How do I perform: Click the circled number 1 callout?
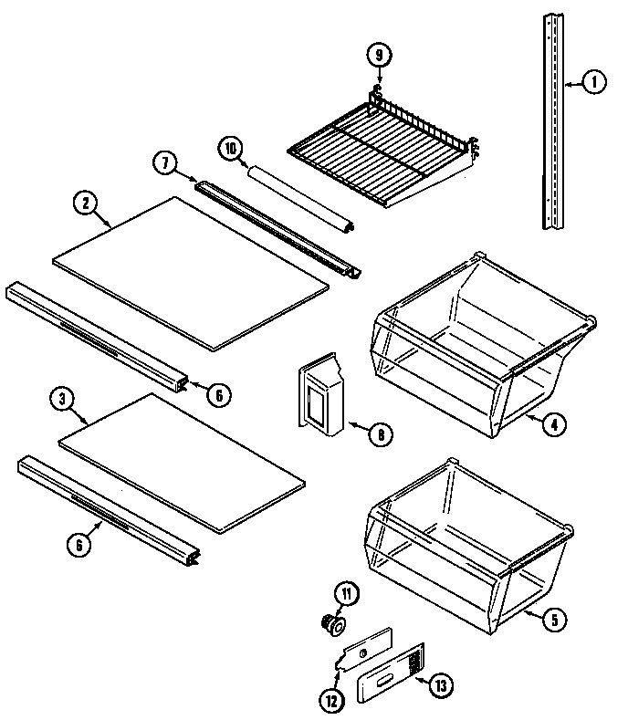tap(593, 83)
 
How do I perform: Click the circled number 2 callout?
tap(84, 203)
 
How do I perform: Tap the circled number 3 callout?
tap(62, 398)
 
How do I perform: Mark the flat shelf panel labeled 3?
tap(181, 464)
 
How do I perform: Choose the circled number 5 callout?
tap(552, 619)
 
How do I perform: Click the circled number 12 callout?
tap(330, 701)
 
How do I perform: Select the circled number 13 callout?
tap(442, 683)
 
